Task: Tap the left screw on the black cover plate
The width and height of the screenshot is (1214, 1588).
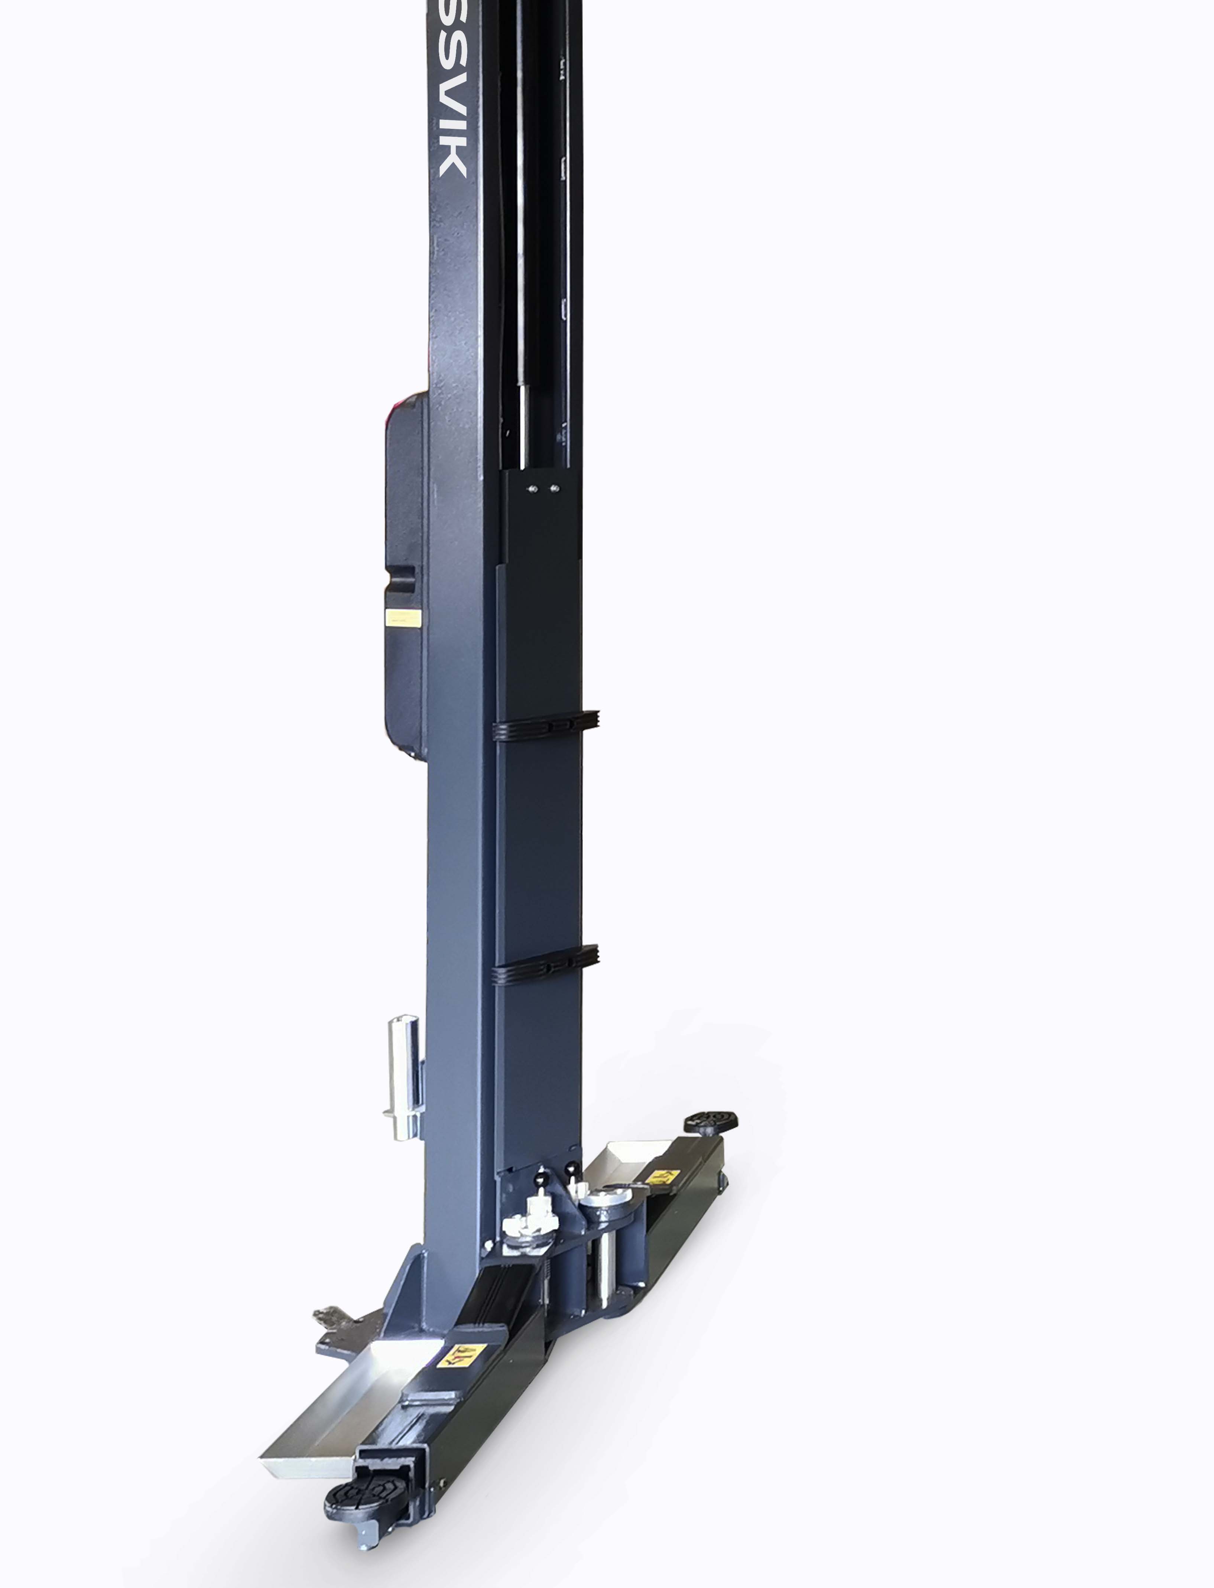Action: pyautogui.click(x=532, y=489)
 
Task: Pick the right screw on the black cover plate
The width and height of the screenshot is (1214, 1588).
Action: pyautogui.click(x=554, y=489)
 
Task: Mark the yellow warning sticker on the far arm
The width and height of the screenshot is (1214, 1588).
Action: pyautogui.click(x=661, y=1176)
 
